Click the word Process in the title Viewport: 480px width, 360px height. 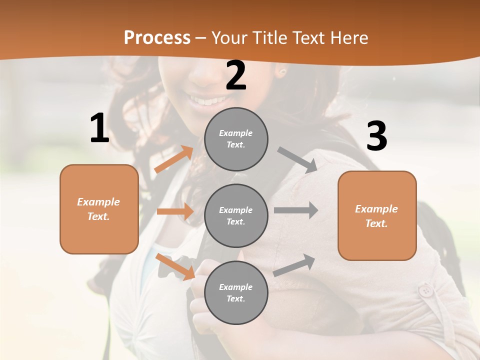click(157, 38)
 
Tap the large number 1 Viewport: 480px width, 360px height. click(99, 128)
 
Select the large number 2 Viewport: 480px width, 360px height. click(236, 75)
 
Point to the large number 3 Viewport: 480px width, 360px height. click(376, 136)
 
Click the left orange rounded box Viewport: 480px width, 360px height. click(99, 209)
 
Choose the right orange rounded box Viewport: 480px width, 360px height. click(377, 215)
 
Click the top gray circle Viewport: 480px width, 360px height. click(236, 139)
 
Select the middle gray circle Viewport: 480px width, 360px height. click(236, 215)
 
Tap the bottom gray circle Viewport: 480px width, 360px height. click(236, 292)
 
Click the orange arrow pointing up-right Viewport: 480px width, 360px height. click(173, 159)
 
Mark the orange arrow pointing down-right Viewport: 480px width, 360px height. click(175, 266)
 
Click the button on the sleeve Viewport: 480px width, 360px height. click(425, 290)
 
